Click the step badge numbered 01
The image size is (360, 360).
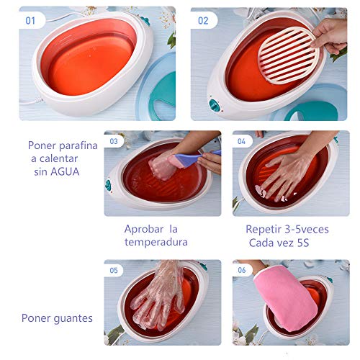point(30,20)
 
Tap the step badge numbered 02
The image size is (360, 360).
point(203,20)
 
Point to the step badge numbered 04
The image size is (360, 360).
point(242,142)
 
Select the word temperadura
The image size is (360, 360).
point(156,242)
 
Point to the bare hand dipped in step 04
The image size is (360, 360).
point(284,176)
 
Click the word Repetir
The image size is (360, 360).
point(264,228)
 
